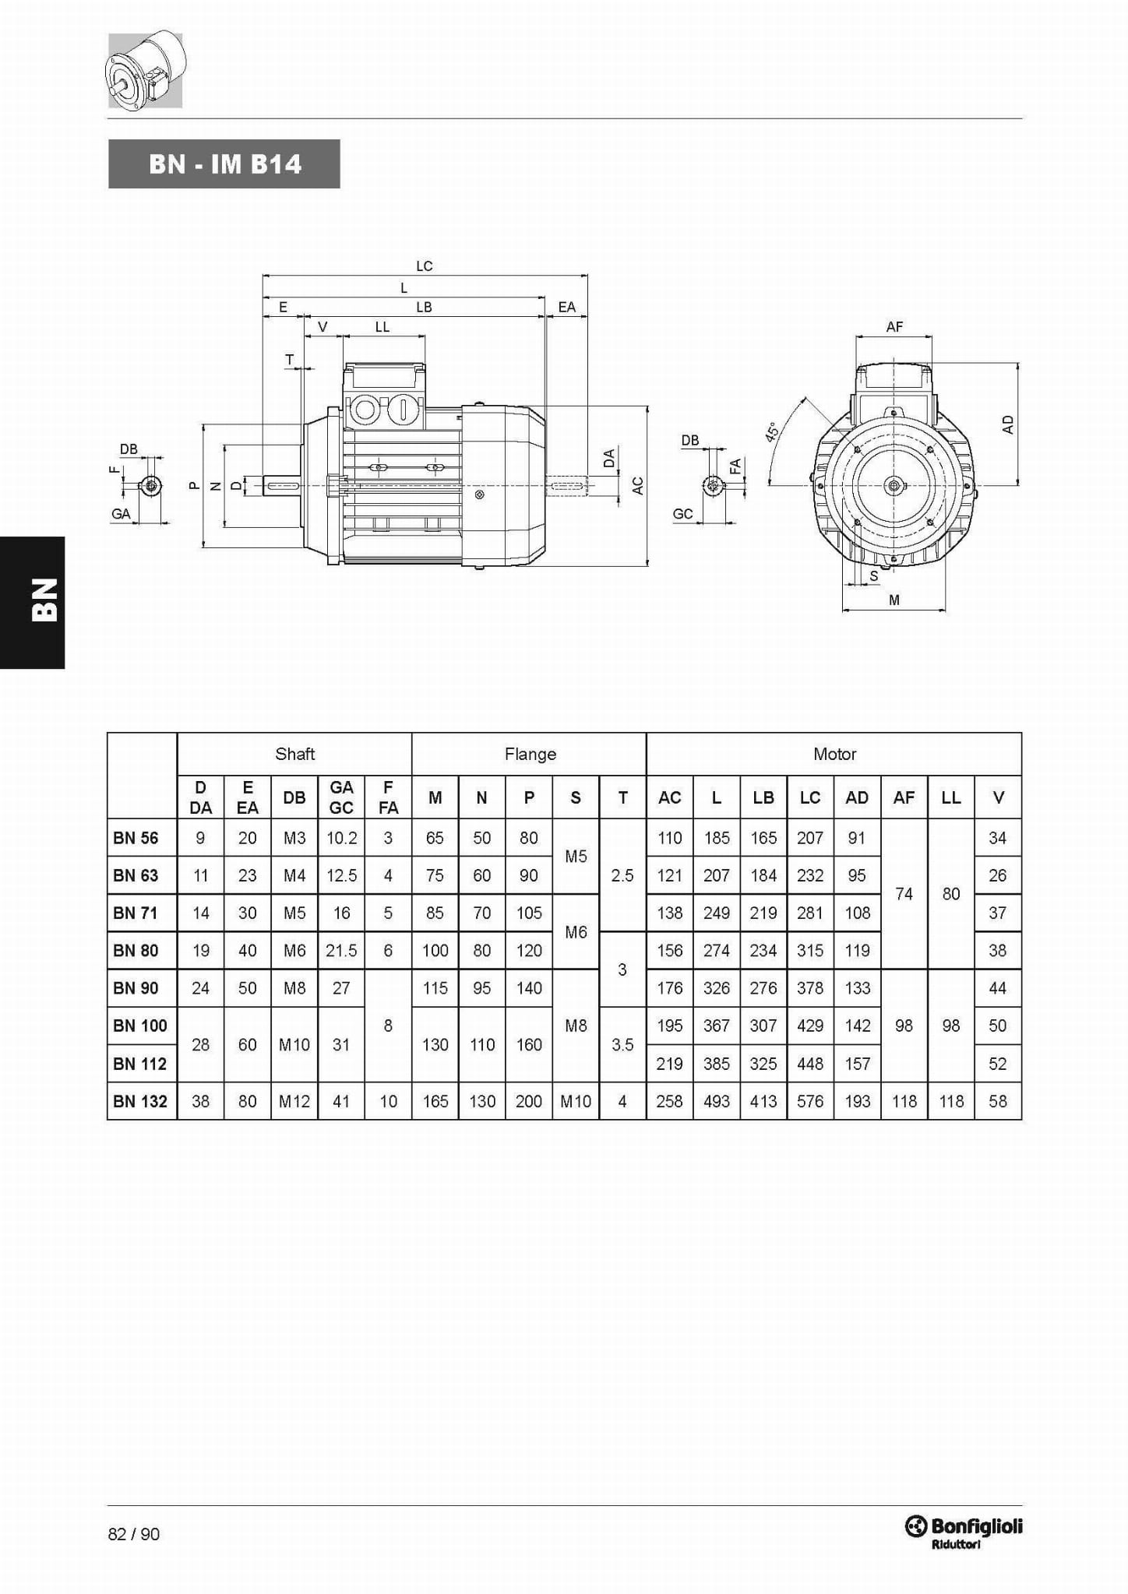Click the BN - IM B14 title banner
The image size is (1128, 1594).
[x=224, y=164]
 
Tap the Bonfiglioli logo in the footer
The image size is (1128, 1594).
[x=963, y=1532]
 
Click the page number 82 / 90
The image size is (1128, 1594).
[x=134, y=1534]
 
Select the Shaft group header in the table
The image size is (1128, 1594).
[x=294, y=754]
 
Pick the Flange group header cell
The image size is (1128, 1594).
[x=530, y=754]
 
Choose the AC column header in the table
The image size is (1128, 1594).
[x=670, y=797]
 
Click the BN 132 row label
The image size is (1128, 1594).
[x=140, y=1101]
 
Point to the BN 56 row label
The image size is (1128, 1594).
[x=136, y=838]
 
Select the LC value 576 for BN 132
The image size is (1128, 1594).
[x=810, y=1101]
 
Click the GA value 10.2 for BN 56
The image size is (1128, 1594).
[x=341, y=838]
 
